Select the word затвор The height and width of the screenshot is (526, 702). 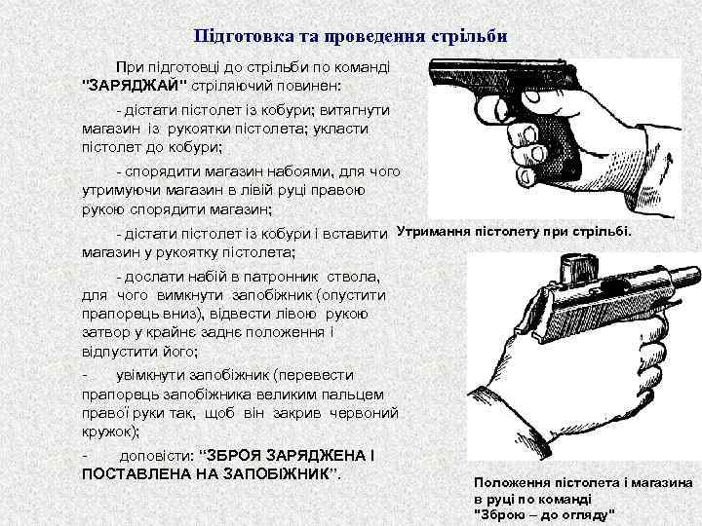(102, 331)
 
